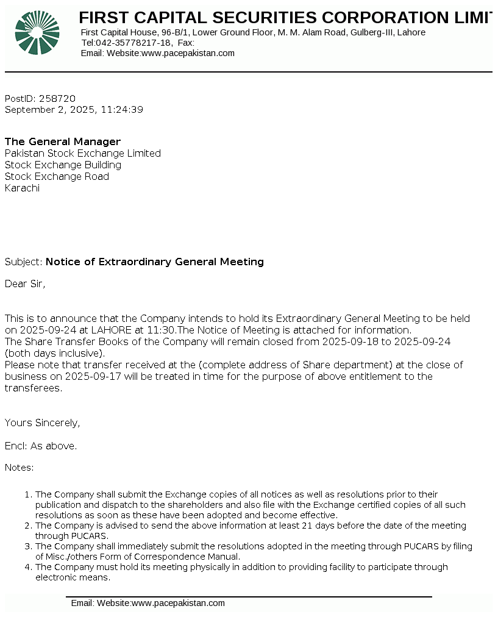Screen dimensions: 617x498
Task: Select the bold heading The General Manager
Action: [x=63, y=141]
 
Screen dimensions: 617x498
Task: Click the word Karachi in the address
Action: [x=22, y=188]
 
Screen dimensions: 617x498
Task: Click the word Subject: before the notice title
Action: [x=24, y=262]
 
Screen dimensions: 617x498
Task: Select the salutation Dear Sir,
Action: [x=25, y=283]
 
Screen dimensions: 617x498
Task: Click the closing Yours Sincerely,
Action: [x=42, y=423]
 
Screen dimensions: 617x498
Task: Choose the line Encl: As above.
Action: [x=41, y=446]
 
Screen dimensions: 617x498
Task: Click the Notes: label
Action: [x=19, y=468]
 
